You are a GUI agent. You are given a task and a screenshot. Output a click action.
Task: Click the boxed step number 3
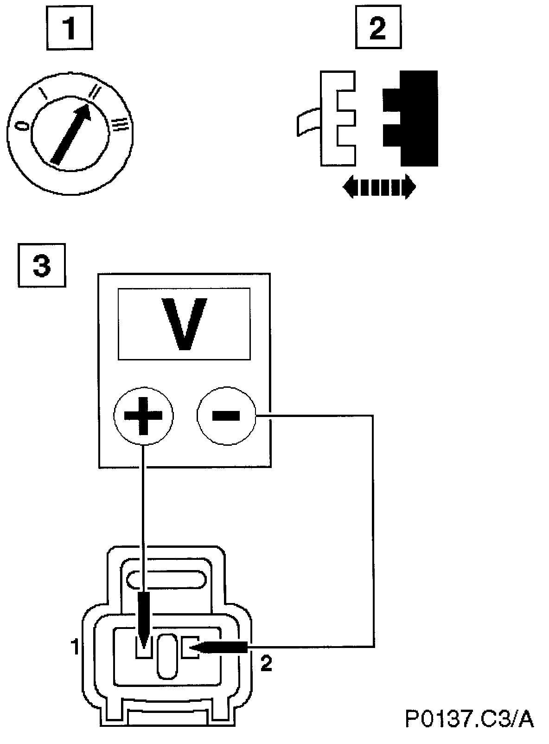tap(42, 266)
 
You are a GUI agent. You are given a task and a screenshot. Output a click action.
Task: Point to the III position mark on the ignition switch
tap(120, 123)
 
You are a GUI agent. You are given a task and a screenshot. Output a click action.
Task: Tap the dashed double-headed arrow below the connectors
tap(379, 187)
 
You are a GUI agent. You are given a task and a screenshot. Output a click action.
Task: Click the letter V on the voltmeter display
tap(184, 324)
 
